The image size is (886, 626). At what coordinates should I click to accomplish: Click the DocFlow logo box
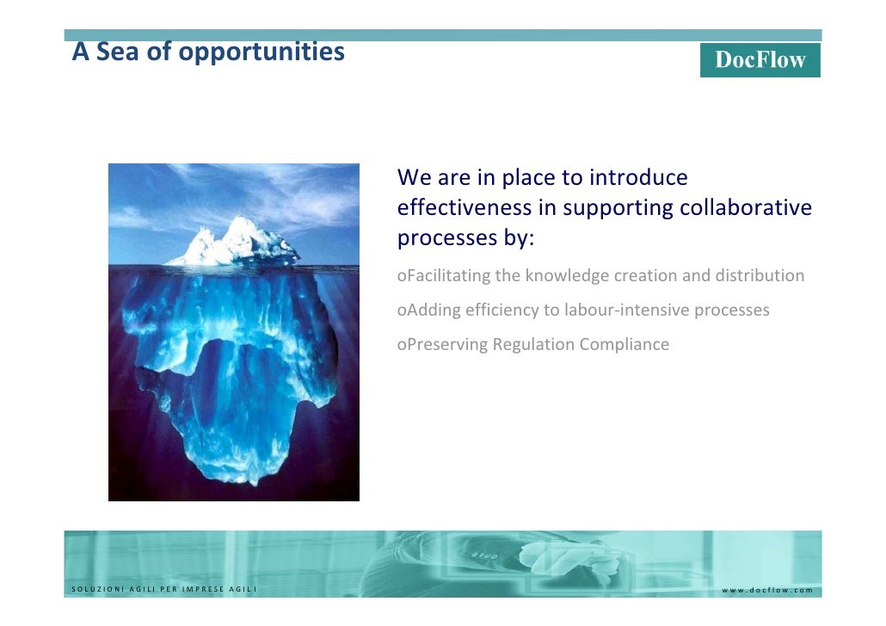[760, 60]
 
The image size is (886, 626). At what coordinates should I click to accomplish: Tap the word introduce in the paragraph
[639, 178]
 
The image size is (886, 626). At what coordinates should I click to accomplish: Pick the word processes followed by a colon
[465, 238]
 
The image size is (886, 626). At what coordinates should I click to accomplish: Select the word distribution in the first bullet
[762, 276]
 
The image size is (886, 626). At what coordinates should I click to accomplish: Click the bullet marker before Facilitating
[401, 277]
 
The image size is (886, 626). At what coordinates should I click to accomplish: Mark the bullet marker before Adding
[401, 311]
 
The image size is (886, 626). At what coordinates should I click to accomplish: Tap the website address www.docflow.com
[766, 590]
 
